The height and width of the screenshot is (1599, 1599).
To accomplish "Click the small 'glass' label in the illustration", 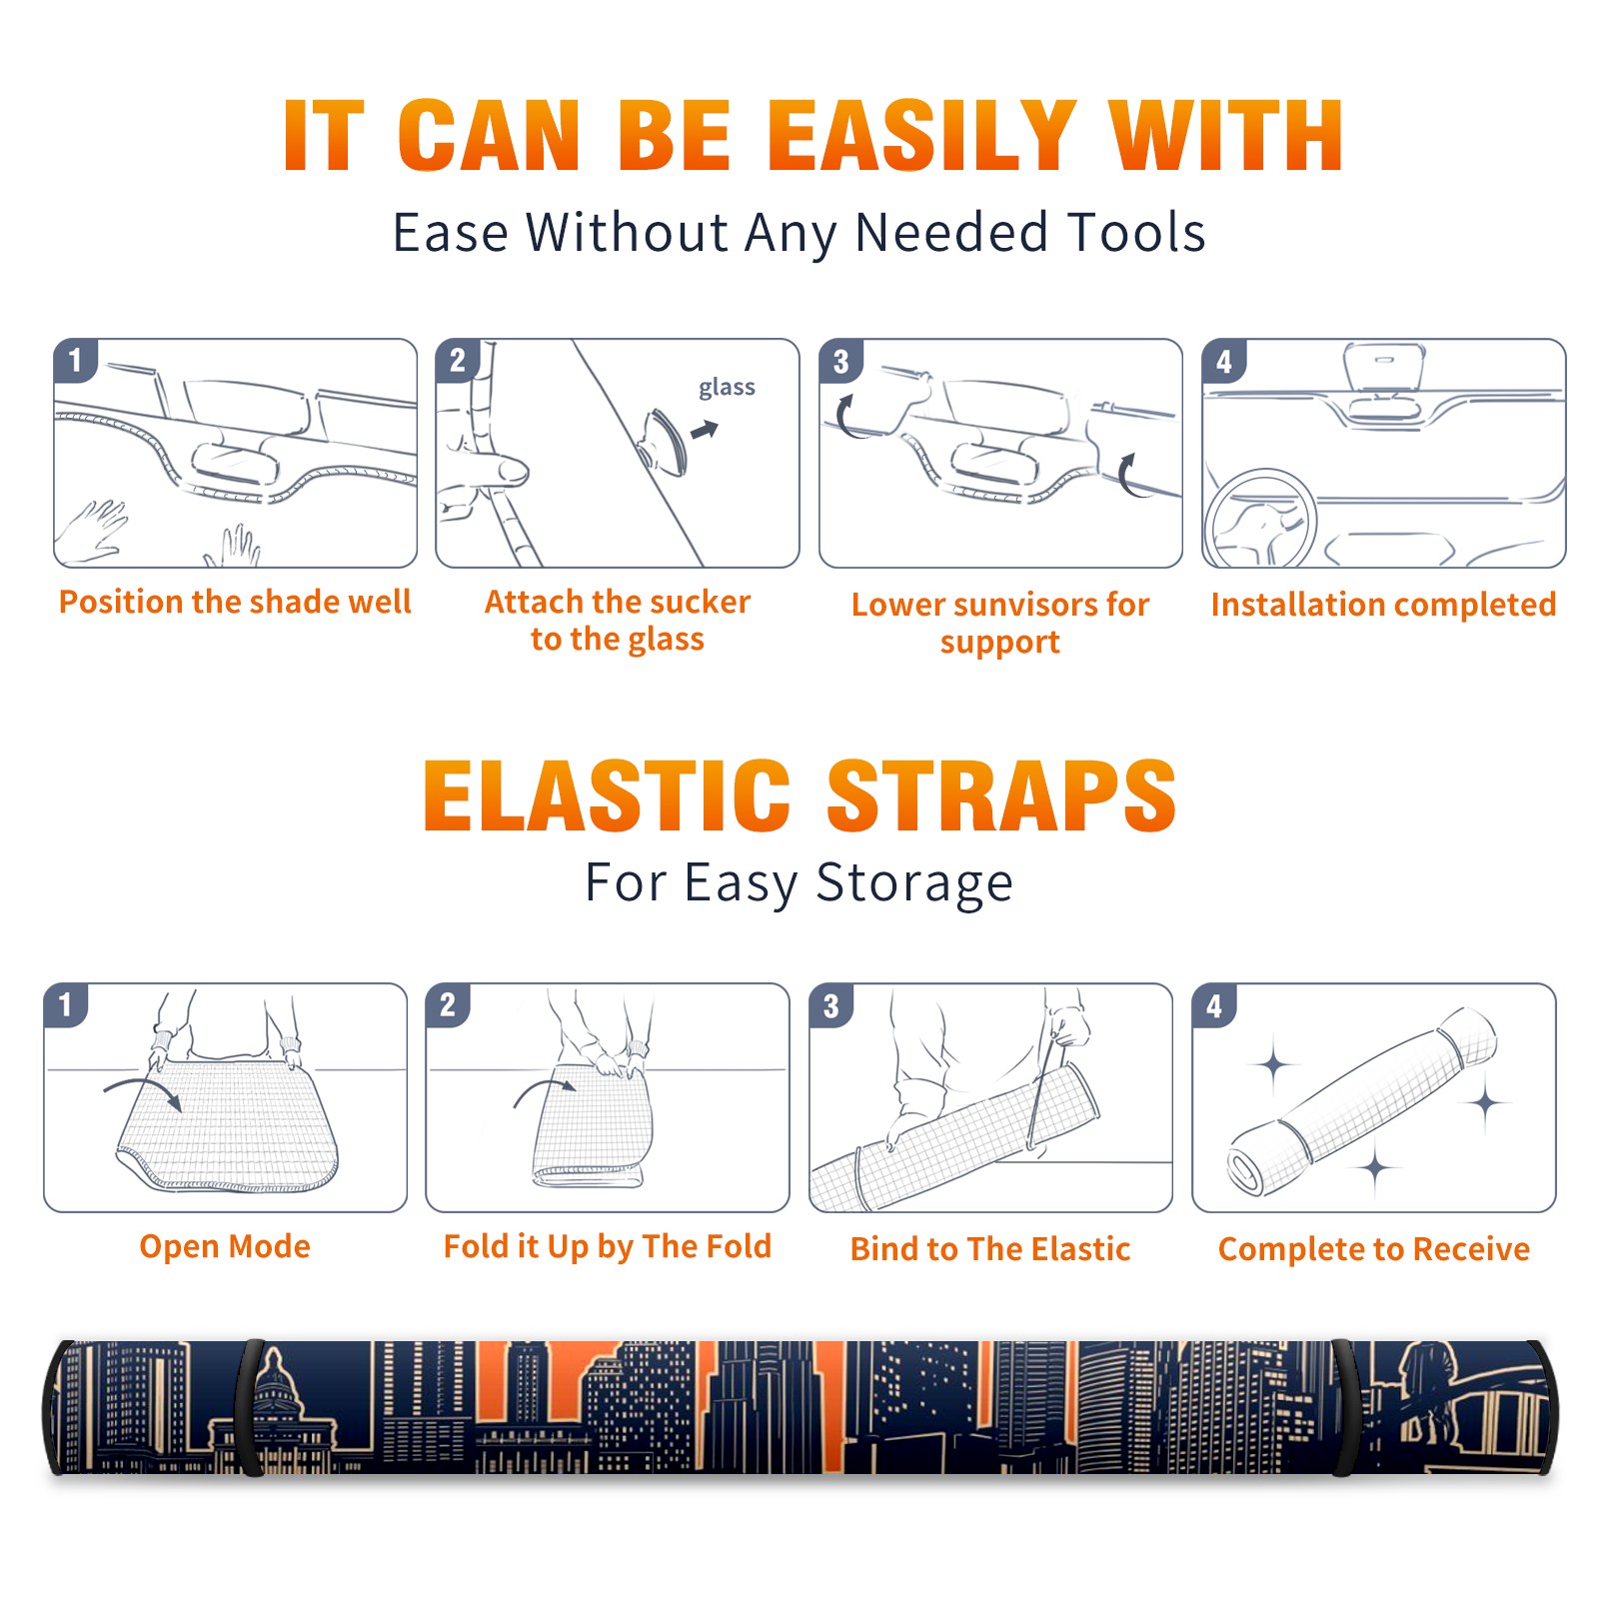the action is tap(727, 388).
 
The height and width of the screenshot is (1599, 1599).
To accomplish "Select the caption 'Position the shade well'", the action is tap(235, 602).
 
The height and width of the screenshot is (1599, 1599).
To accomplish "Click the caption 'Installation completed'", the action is tap(1383, 605).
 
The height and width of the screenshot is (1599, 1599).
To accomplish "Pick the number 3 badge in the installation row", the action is tap(841, 361).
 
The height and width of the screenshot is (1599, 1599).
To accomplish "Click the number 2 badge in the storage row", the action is tap(448, 1004).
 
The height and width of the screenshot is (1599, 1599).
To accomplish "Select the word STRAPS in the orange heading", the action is tap(1001, 796).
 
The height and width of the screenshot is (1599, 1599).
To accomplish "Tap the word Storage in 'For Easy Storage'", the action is tap(914, 883).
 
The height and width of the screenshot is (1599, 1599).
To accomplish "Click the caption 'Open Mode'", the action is tap(225, 1246).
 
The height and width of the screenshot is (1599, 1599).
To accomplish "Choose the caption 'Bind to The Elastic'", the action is tap(990, 1249).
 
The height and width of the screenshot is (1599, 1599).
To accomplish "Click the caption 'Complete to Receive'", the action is tap(1374, 1249).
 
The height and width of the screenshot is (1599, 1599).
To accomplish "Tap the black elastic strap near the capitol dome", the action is tap(251, 1408).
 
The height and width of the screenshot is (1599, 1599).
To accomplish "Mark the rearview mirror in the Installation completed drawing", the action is tap(1384, 367).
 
